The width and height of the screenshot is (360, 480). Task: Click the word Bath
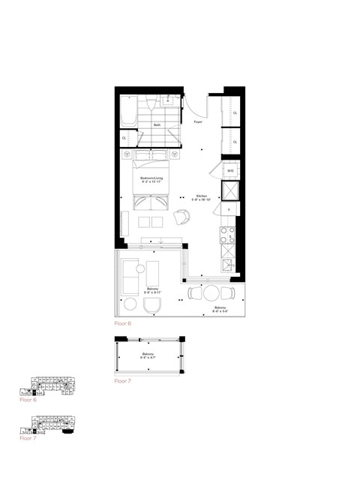(157, 124)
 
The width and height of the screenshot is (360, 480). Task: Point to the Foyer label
(198, 121)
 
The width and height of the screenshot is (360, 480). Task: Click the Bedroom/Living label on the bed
(151, 179)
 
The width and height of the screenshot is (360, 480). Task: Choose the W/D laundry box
(229, 171)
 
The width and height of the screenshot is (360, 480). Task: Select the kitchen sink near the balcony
(226, 264)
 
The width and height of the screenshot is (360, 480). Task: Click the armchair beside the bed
(182, 217)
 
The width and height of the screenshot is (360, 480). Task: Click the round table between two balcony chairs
(212, 293)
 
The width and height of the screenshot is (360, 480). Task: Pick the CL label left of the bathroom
(124, 138)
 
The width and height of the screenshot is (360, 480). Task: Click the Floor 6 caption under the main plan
(124, 325)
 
